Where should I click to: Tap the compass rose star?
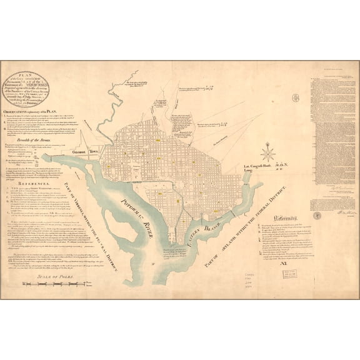click(268, 152)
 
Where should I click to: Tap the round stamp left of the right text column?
click(296, 98)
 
